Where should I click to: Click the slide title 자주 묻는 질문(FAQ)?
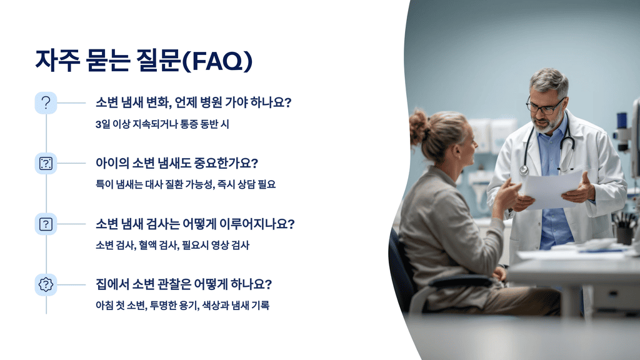click(144, 61)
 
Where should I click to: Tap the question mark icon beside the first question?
click(46, 102)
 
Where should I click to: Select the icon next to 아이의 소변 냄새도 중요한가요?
click(46, 163)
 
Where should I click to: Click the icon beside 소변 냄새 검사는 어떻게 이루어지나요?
click(46, 224)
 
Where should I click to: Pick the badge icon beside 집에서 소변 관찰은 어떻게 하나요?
click(46, 284)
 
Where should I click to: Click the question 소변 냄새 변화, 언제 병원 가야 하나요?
click(193, 102)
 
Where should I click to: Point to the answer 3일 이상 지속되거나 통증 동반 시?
click(162, 124)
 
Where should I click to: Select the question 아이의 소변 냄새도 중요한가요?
click(177, 163)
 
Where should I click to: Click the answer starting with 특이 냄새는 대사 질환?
click(185, 184)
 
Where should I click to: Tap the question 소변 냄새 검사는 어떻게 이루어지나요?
click(194, 224)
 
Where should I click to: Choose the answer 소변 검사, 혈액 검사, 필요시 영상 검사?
click(172, 245)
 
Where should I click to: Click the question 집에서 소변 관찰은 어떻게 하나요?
click(184, 284)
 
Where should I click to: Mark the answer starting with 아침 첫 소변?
click(182, 306)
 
